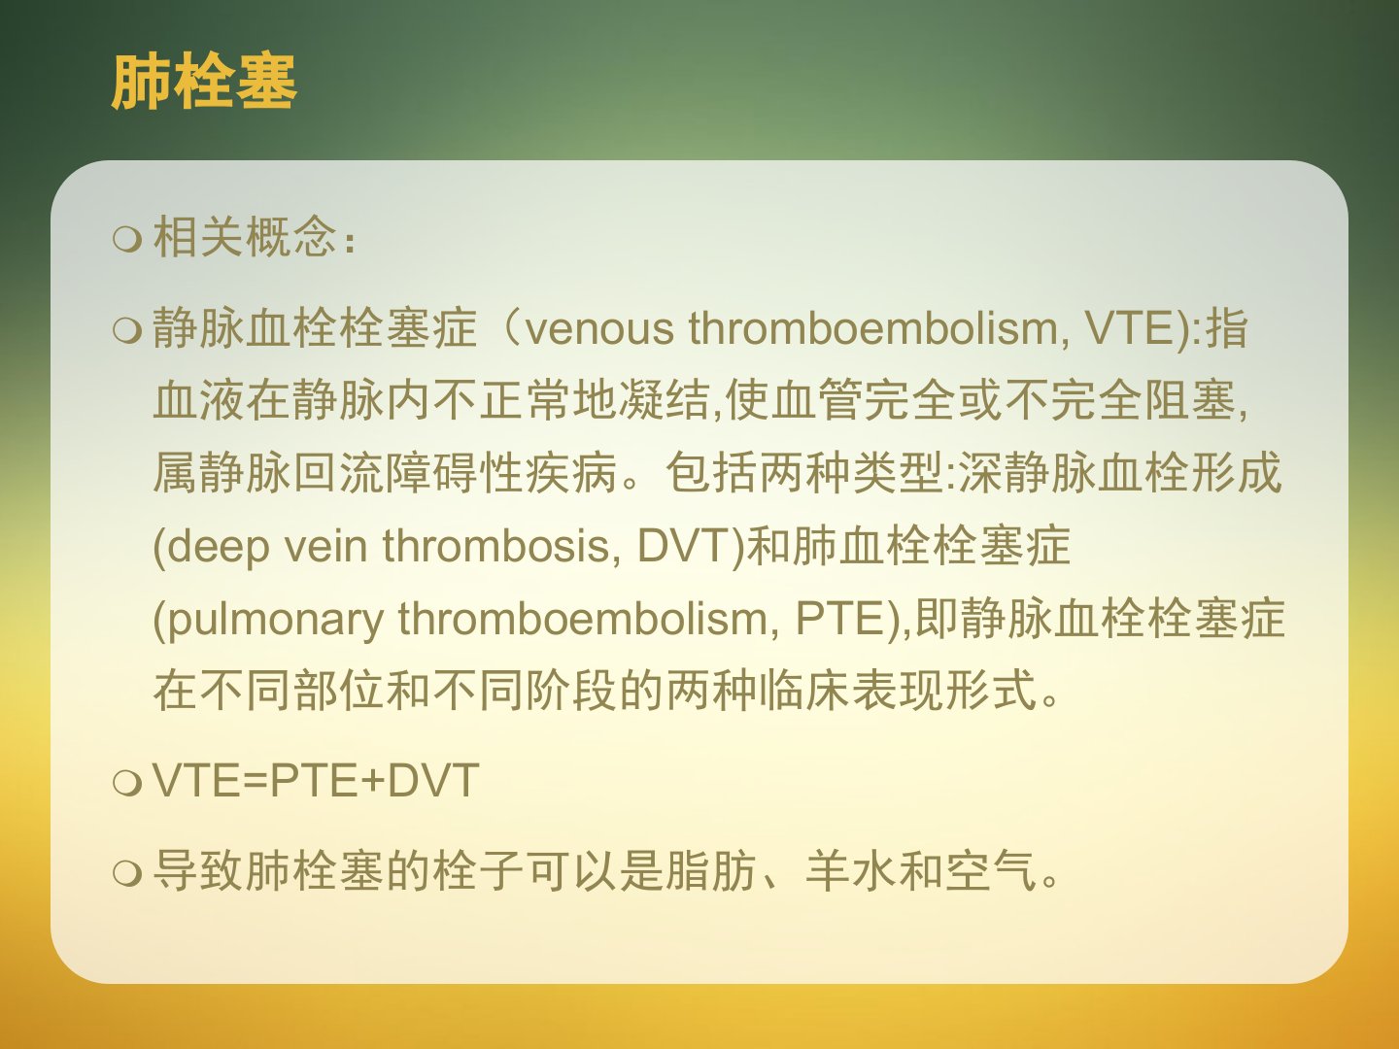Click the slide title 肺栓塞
pos(204,83)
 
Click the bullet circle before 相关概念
pos(127,240)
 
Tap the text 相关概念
pos(244,237)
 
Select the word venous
pos(599,329)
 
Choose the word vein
pos(325,547)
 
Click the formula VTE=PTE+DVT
pos(316,780)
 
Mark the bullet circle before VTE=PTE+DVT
pos(127,782)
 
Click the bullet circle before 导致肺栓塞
pos(127,872)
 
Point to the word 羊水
pos(850,870)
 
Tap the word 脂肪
pos(710,870)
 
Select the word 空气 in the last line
pos(990,870)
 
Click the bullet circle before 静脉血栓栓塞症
pos(127,330)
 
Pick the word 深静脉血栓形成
pos(1120,473)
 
